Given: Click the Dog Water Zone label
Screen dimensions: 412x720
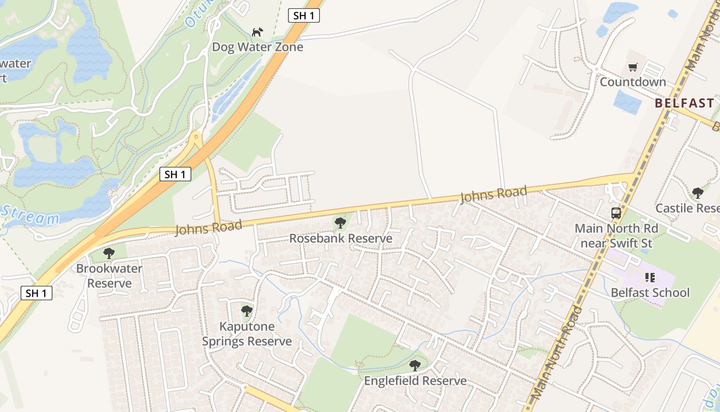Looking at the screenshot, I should click(258, 47).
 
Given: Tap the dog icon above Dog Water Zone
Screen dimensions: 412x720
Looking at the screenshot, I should click(257, 32).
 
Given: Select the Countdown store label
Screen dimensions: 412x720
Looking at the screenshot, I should click(633, 82).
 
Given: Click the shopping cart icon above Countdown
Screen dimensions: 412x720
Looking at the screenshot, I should click(633, 67).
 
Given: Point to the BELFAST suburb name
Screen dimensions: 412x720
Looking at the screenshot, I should click(684, 103).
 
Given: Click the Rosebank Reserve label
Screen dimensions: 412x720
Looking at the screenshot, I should click(340, 238).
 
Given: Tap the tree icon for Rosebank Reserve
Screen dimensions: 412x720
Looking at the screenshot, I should click(340, 223).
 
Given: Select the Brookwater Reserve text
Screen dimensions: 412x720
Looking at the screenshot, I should click(109, 276).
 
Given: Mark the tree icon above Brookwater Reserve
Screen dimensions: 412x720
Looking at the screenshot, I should click(109, 253).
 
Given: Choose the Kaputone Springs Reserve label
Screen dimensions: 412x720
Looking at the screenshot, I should click(247, 334).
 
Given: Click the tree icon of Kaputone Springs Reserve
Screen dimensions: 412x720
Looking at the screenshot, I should click(247, 311).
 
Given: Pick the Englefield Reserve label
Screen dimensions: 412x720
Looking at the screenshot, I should click(415, 381).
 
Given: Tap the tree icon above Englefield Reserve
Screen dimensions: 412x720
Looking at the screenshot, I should click(415, 366).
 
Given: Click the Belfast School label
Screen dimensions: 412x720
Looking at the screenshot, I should click(650, 293).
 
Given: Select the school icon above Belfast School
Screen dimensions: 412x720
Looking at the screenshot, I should click(650, 278).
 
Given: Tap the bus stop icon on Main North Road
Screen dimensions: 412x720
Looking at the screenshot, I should click(616, 213).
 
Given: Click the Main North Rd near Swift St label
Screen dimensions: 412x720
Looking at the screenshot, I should click(616, 235).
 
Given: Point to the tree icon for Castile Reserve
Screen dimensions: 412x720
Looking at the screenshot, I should click(698, 193).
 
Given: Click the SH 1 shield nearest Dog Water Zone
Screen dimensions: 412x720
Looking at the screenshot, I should click(303, 15).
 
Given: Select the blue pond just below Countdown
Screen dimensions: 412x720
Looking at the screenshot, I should click(627, 101).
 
